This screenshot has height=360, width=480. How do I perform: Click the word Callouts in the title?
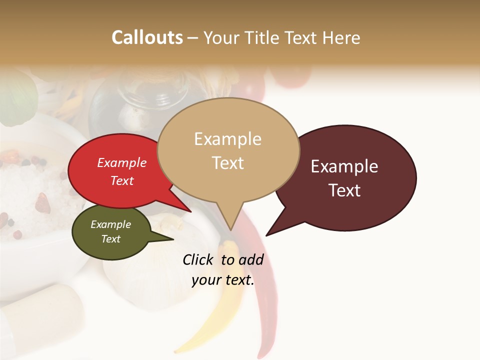point(147,37)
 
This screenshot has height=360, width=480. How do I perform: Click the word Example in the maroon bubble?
point(344,166)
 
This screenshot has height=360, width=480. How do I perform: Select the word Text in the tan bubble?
point(228,163)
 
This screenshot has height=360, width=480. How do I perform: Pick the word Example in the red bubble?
point(121,162)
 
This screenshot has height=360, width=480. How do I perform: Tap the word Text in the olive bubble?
point(110,239)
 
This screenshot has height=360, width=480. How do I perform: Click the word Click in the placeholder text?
point(198,259)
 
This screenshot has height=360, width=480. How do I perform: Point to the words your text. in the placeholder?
point(223,280)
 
